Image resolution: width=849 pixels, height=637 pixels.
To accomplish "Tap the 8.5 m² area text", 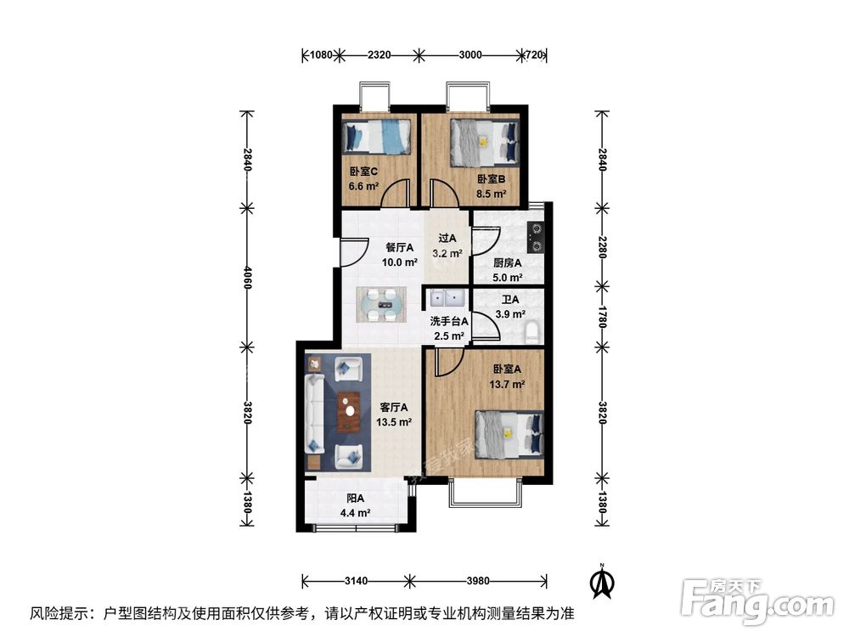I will tap(492, 194).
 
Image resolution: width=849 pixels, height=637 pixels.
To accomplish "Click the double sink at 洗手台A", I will tap(445, 299).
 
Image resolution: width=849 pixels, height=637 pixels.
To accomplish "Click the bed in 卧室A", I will tap(509, 432).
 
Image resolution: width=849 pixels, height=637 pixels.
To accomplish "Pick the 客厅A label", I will tap(395, 407).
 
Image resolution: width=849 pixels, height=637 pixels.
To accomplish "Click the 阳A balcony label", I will tap(355, 499).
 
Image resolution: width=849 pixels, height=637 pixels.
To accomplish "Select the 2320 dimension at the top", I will tap(379, 54).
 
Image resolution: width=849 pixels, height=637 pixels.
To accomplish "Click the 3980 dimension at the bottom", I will tap(478, 581).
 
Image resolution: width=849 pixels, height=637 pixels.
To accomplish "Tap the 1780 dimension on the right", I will tap(602, 314).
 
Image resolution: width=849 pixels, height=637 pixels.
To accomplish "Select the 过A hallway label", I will tap(447, 239).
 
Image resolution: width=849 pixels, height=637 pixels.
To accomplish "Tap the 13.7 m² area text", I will tap(507, 384).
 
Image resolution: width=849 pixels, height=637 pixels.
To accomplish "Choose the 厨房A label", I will tap(507, 262).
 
